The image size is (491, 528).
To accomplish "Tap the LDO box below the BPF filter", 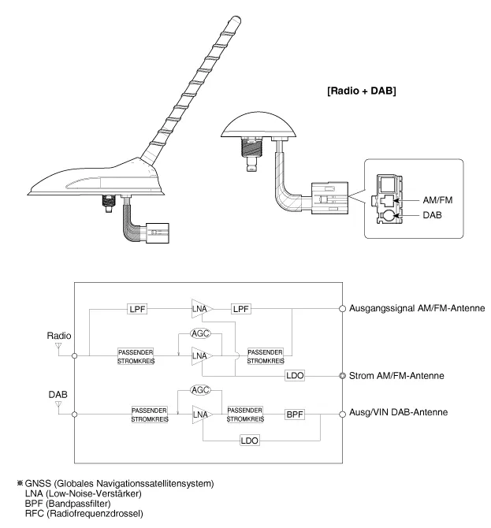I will point(251,440).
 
